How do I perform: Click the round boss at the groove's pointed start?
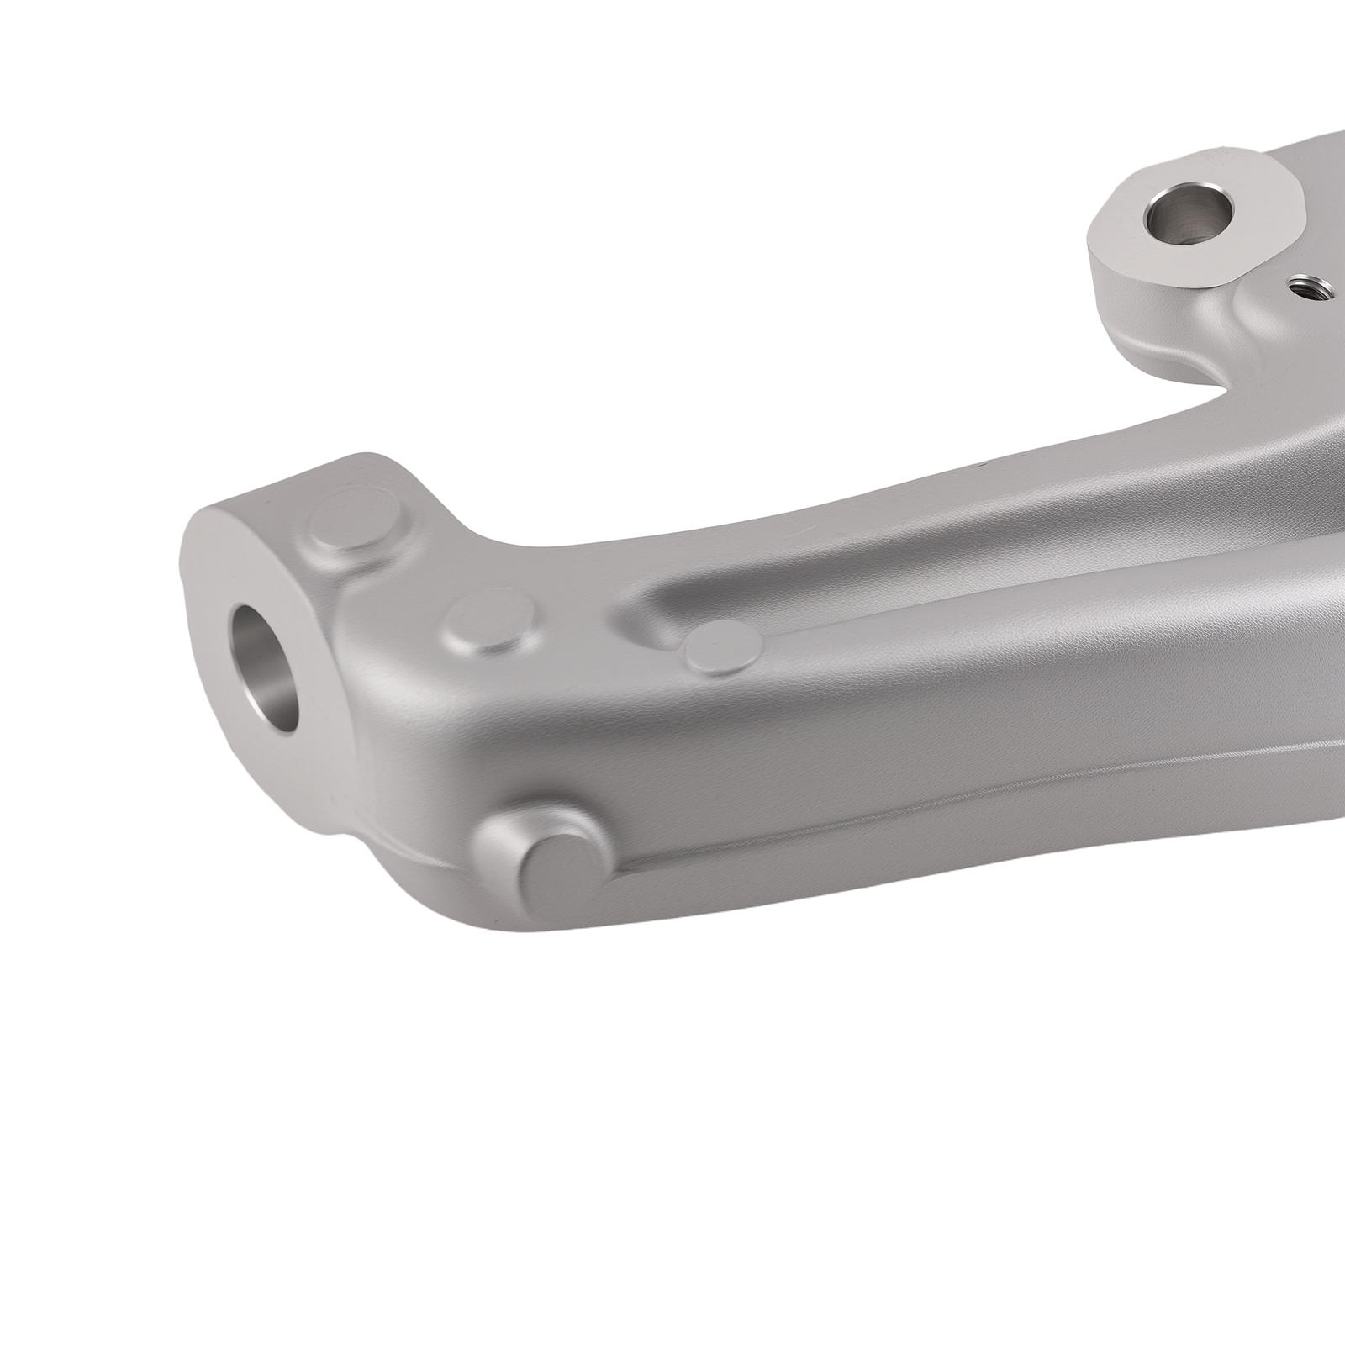tap(724, 648)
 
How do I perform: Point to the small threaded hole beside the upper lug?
tap(1308, 290)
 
